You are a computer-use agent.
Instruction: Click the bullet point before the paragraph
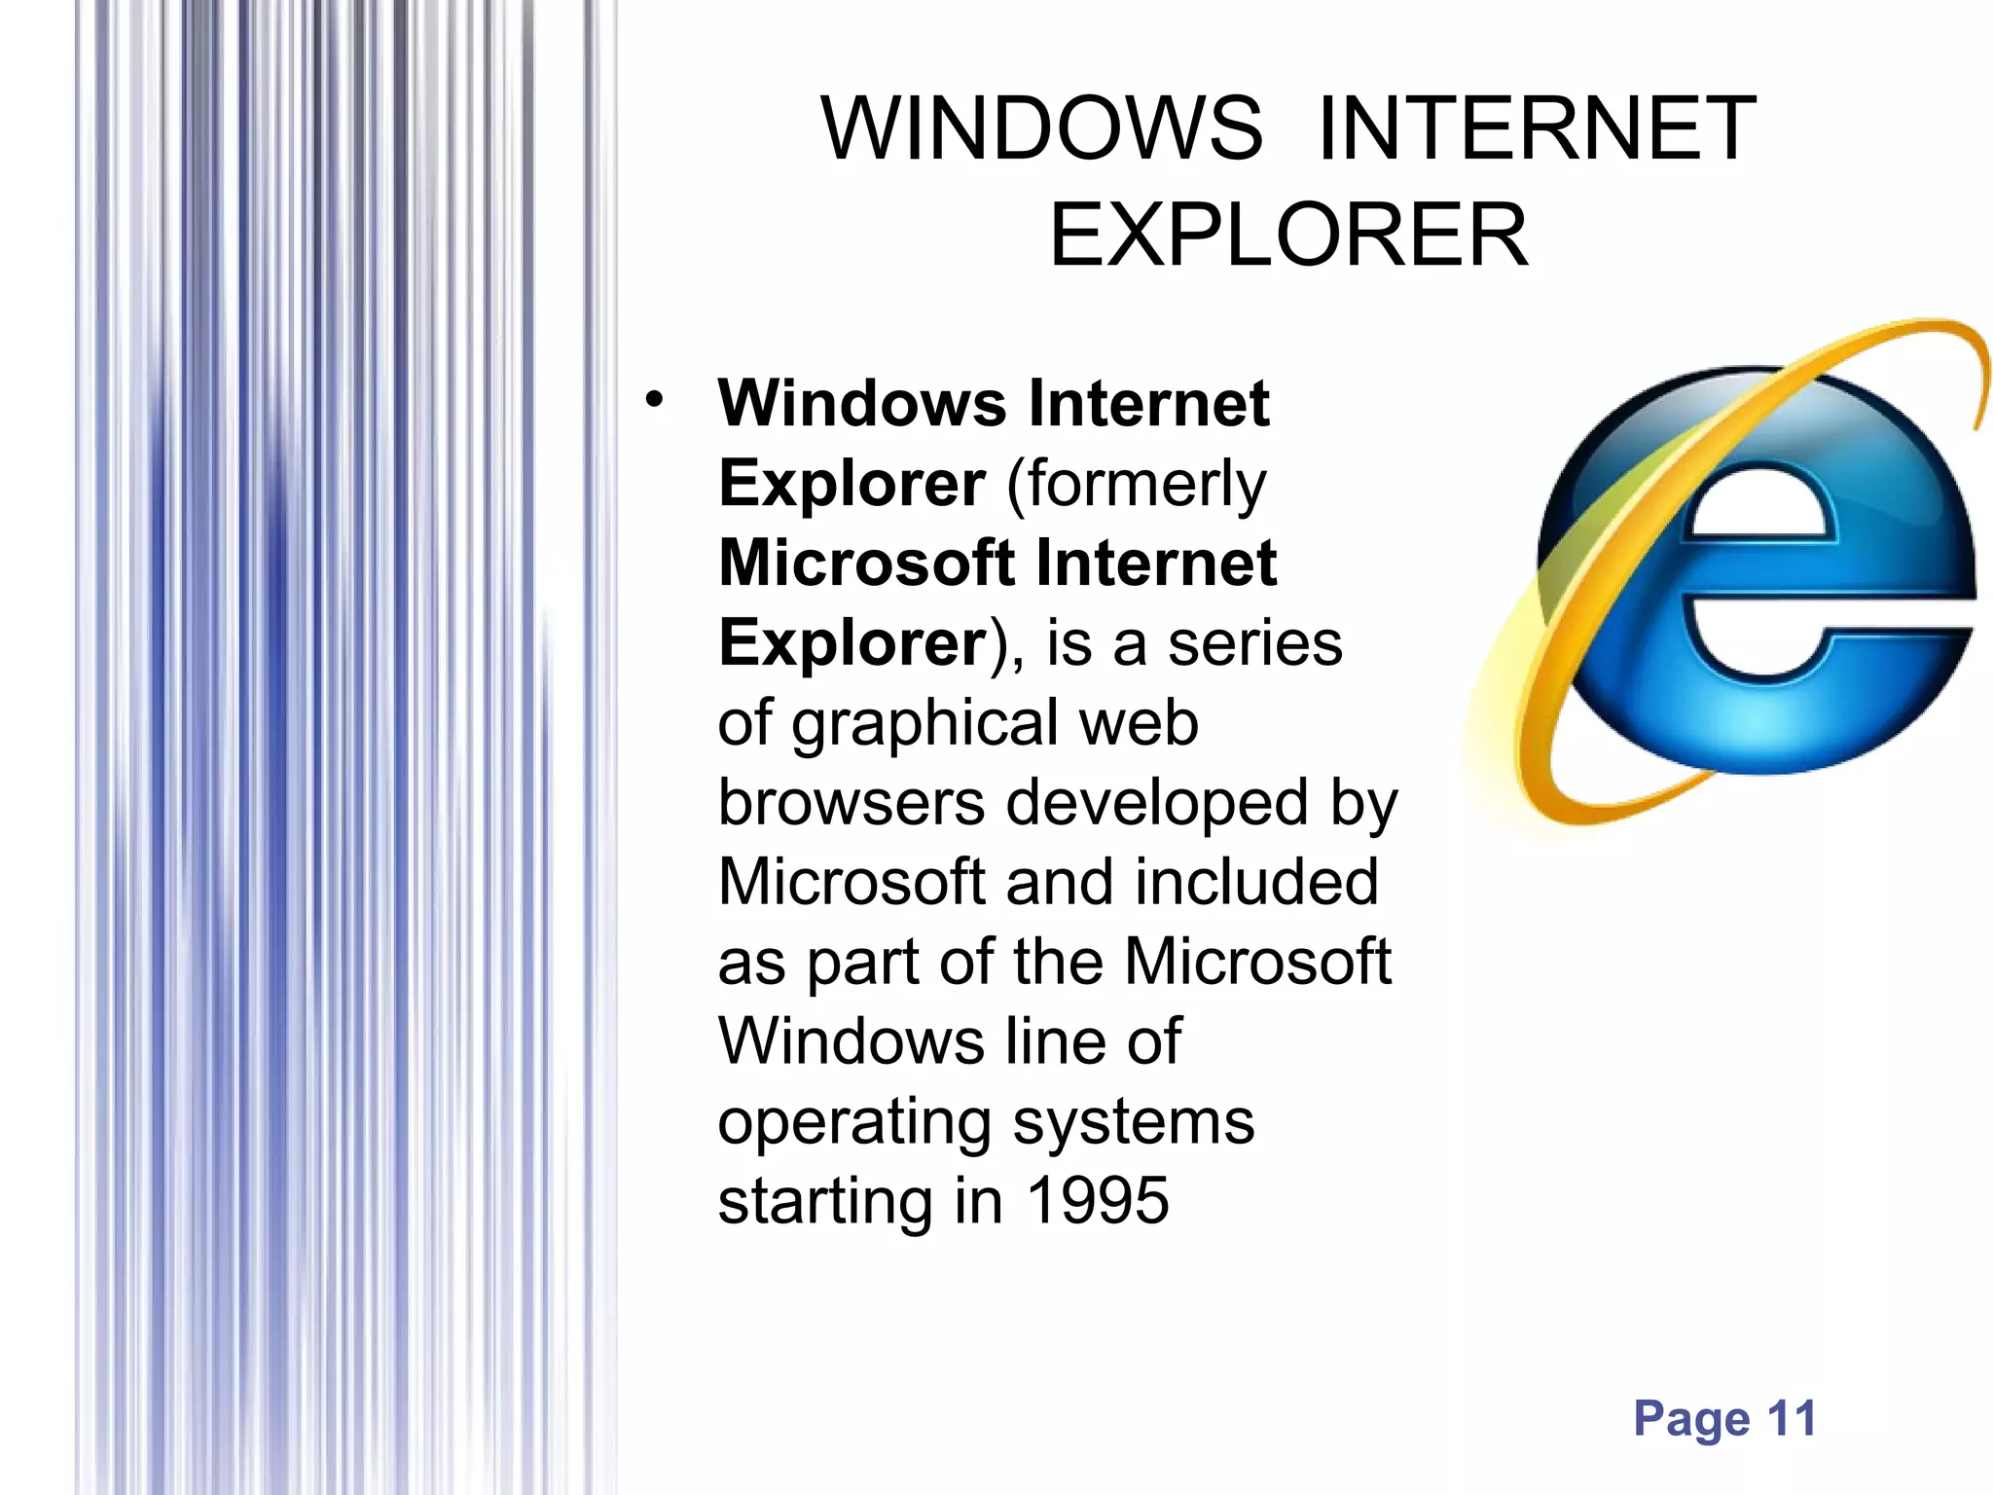pyautogui.click(x=654, y=399)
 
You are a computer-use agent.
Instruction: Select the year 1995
pyautogui.click(x=1098, y=1200)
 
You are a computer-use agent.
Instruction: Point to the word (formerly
pyautogui.click(x=1136, y=485)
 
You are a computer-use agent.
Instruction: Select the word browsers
pyautogui.click(x=852, y=803)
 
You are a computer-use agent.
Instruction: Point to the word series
pyautogui.click(x=1254, y=644)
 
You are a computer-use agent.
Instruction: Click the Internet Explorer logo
pyautogui.click(x=1742, y=574)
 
